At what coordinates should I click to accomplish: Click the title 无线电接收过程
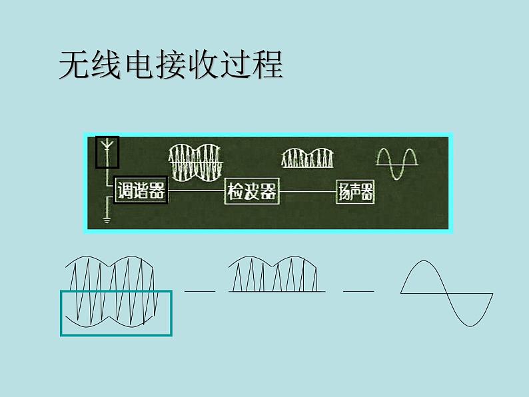coord(171,65)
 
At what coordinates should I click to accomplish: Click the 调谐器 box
coord(141,192)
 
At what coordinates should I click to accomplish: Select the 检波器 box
coord(251,192)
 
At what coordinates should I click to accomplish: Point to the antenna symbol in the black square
coord(107,151)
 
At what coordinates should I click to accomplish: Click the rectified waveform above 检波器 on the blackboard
coord(306,159)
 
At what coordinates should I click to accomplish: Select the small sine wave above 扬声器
coord(397,162)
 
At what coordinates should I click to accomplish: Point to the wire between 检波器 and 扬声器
coord(306,193)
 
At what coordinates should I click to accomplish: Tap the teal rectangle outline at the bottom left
coord(116,312)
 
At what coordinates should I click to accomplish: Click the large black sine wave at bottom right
coord(446,292)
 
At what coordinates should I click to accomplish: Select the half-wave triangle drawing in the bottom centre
coord(276,274)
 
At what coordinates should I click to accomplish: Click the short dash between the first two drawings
coord(200,291)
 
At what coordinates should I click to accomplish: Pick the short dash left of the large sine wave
coord(358,291)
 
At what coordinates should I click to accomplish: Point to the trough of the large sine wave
coord(470,324)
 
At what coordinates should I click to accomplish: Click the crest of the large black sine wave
coord(424,260)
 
